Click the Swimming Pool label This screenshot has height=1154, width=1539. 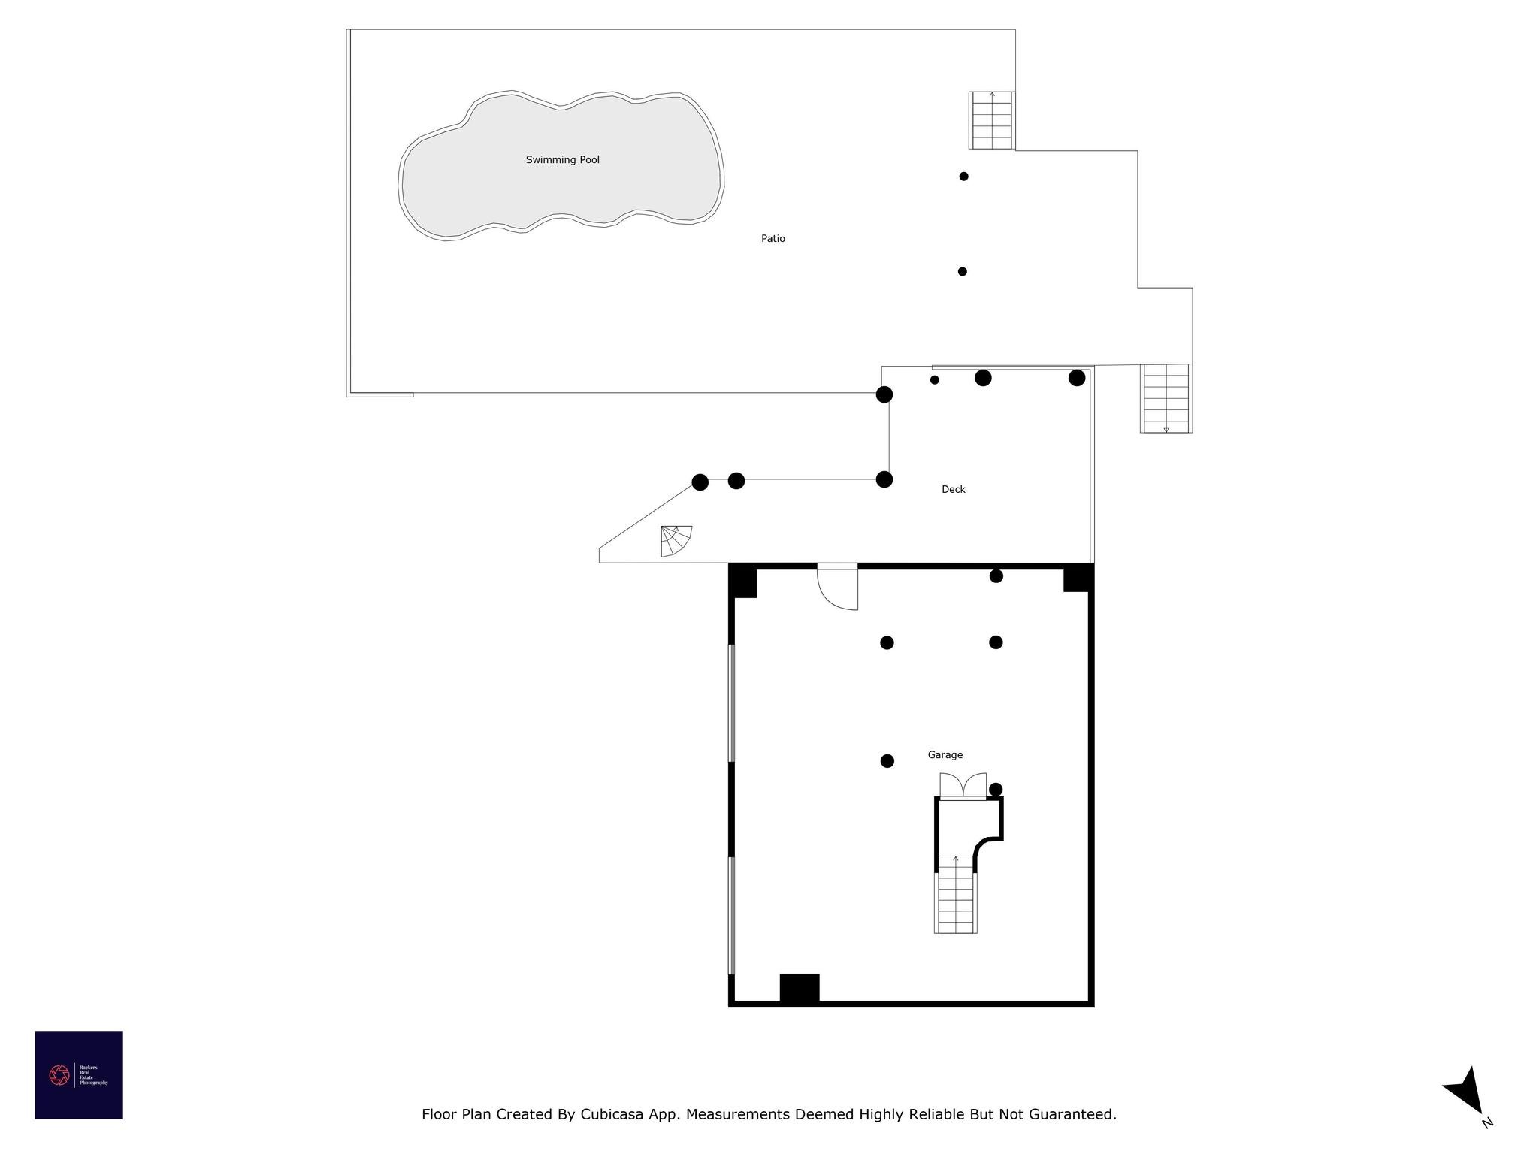pyautogui.click(x=562, y=160)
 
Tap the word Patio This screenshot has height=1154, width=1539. pyautogui.click(x=773, y=239)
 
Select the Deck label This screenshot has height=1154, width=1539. pyautogui.click(x=953, y=490)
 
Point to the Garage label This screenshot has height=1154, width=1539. pyautogui.click(x=945, y=755)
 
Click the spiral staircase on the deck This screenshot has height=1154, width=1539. pyautogui.click(x=675, y=542)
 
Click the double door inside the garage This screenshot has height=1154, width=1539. pyautogui.click(x=963, y=786)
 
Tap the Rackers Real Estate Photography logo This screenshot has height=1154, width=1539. pyautogui.click(x=78, y=1075)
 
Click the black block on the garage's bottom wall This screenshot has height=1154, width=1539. pyautogui.click(x=799, y=987)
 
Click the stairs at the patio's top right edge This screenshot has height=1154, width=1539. pyautogui.click(x=991, y=120)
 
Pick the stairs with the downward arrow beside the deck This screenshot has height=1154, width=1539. pyautogui.click(x=1166, y=398)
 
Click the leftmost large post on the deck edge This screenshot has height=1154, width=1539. pyautogui.click(x=700, y=482)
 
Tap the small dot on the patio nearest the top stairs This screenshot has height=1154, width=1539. pyautogui.click(x=963, y=177)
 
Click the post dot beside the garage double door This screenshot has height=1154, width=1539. pyautogui.click(x=996, y=790)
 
